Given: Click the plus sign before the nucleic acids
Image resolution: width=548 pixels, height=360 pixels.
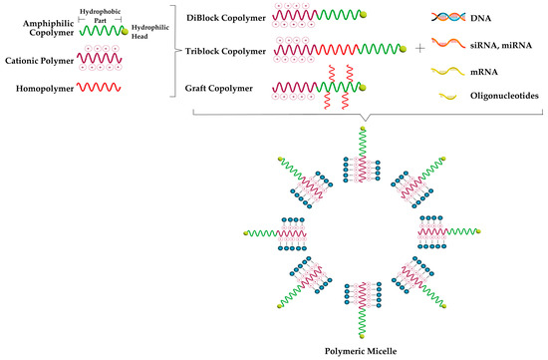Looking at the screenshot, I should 419,47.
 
